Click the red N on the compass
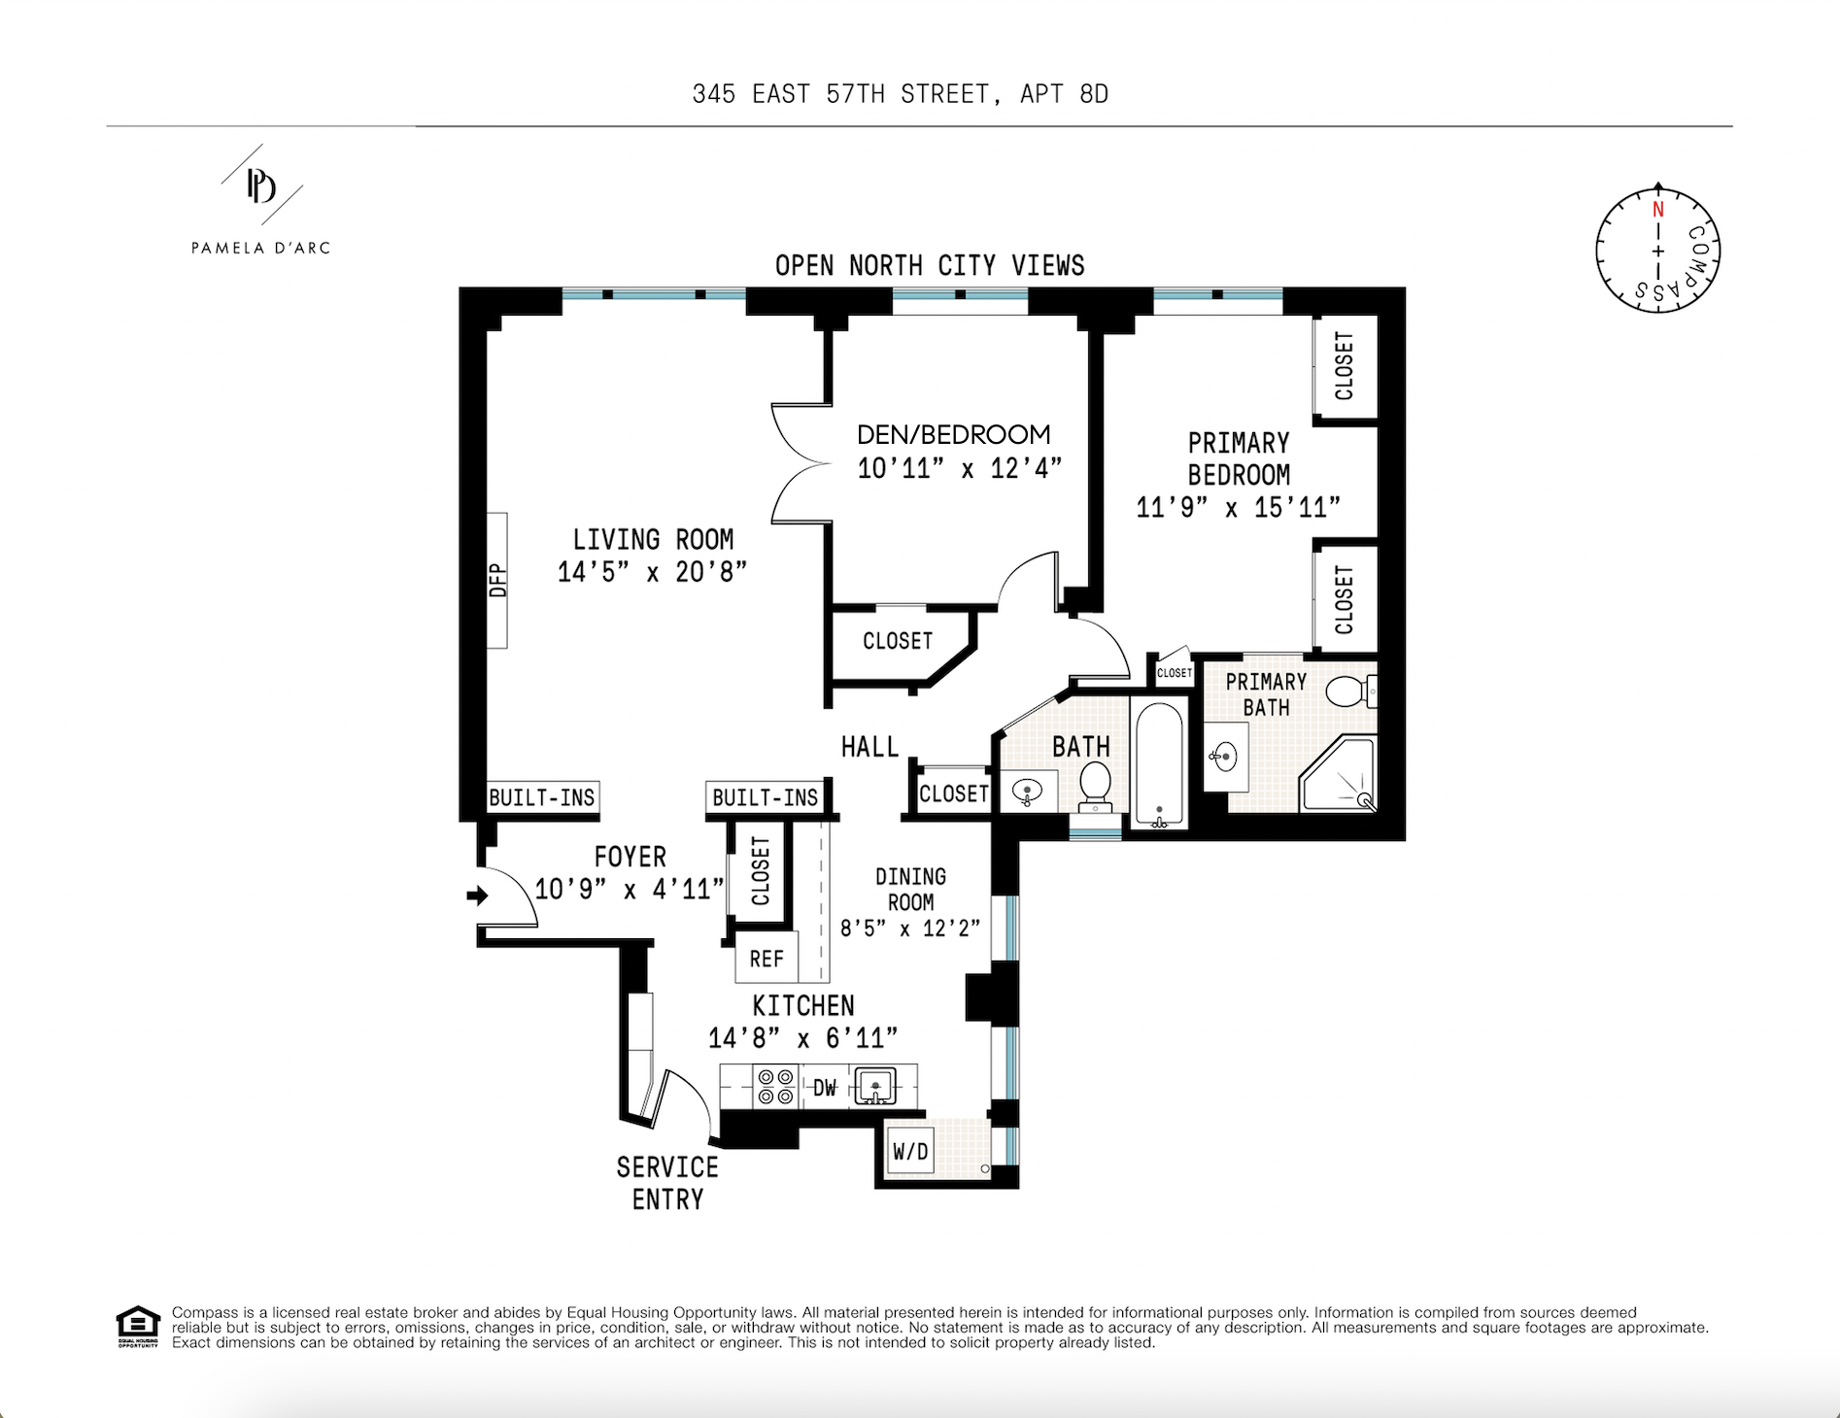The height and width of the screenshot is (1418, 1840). coord(1658,210)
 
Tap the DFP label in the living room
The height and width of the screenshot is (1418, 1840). coord(497,580)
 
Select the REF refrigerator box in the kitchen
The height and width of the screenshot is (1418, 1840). coord(767,958)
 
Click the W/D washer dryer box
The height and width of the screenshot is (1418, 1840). coord(910,1152)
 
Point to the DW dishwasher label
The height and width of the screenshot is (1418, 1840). coord(825,1088)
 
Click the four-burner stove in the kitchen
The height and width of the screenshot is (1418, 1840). coord(775,1086)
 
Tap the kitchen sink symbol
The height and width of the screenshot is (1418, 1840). coord(877,1086)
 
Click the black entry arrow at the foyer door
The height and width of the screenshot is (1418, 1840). coord(477,895)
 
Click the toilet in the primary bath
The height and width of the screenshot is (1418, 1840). coord(1349,692)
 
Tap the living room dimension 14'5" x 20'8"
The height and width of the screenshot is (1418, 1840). coord(652,572)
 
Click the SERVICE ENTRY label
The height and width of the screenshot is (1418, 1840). coord(667,1183)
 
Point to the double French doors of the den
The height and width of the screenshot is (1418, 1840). coord(799,464)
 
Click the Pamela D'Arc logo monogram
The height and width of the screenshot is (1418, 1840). coord(261,186)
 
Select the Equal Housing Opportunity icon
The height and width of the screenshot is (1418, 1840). coord(138,1326)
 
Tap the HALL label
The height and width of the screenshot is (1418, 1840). coord(869,747)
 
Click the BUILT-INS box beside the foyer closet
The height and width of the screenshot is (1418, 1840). coord(766,797)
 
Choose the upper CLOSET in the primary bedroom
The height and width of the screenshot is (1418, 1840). coord(1345,367)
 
